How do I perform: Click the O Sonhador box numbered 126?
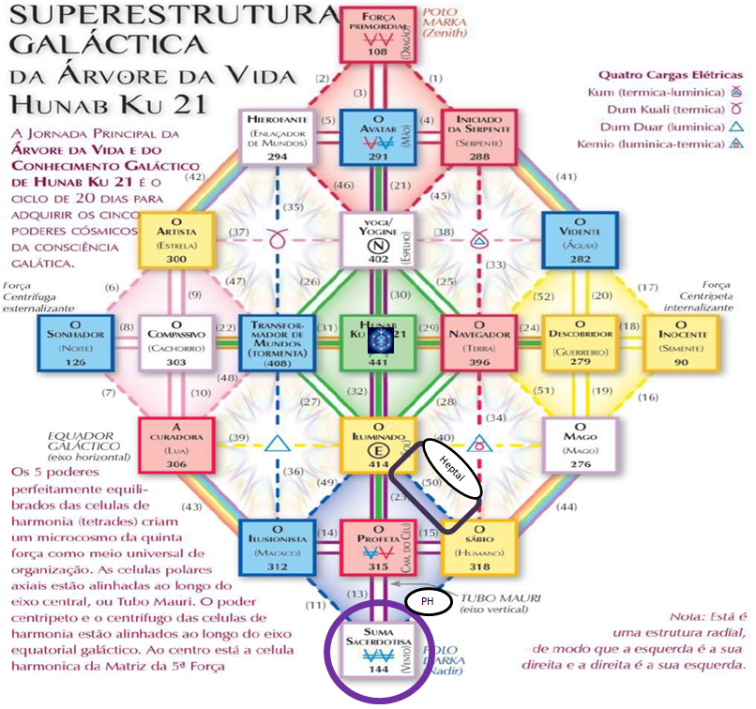[x=78, y=341]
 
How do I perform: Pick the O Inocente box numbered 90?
[x=680, y=341]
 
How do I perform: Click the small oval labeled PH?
[x=428, y=601]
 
